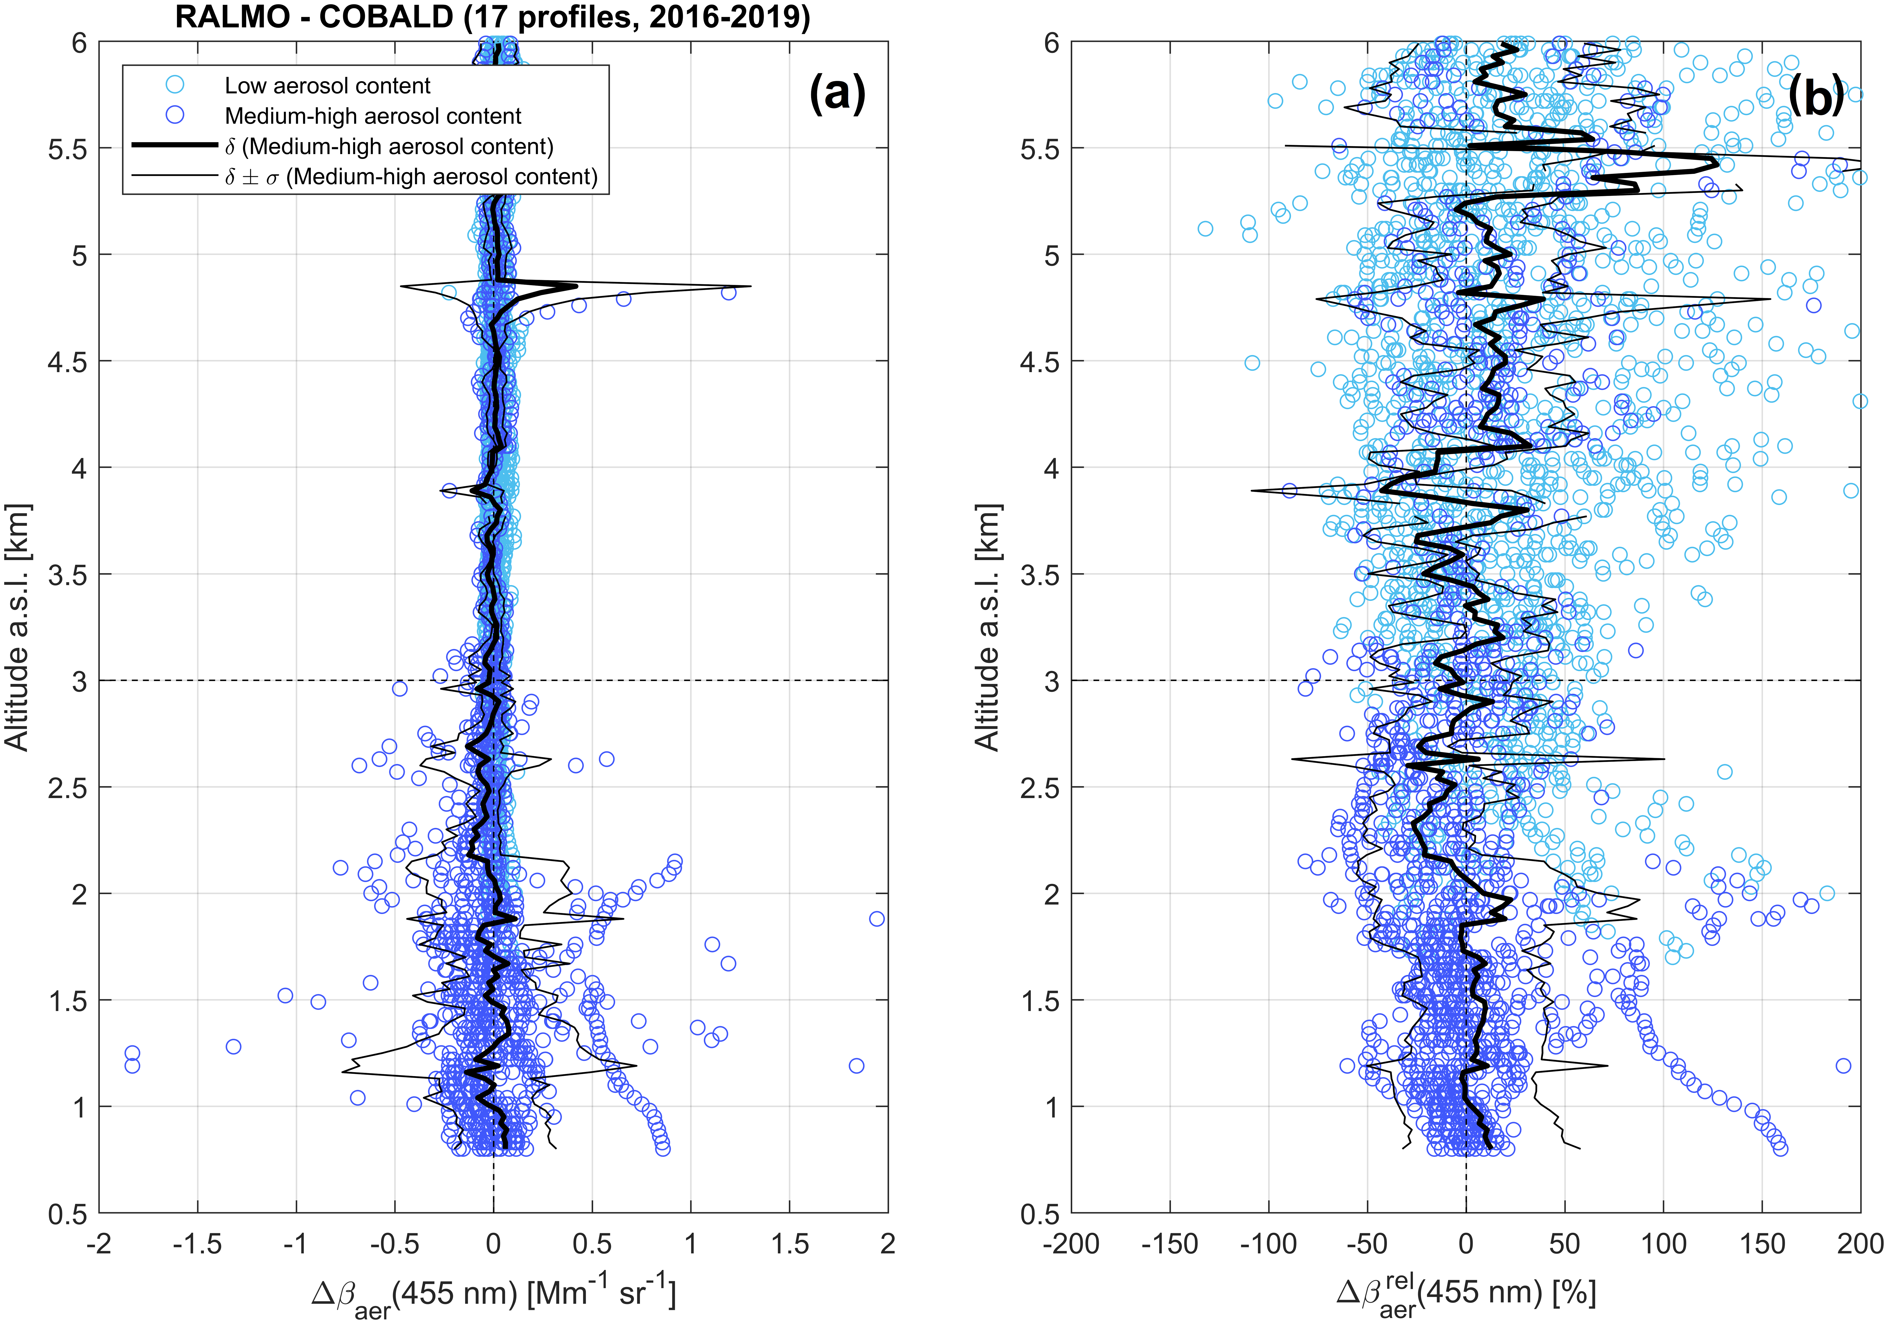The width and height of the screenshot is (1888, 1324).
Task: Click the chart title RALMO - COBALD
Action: point(492,16)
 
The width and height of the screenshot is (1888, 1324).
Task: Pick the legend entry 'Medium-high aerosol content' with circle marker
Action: point(373,116)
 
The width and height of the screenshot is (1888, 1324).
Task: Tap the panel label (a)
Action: point(837,93)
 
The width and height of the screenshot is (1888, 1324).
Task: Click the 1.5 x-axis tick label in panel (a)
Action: point(789,1244)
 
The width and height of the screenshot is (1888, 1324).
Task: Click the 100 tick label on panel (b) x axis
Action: point(1664,1244)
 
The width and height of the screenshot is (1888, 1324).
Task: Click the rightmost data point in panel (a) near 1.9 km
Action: point(877,919)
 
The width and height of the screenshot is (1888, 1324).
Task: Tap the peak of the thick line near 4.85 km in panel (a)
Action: point(576,286)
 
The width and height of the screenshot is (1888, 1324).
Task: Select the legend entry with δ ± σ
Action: point(411,177)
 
